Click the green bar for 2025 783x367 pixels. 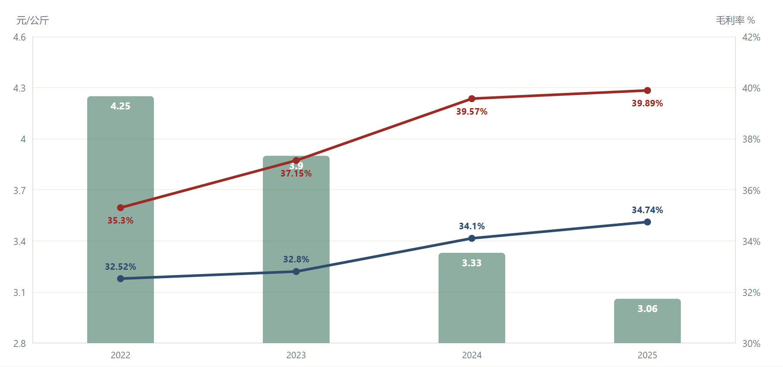pos(647,321)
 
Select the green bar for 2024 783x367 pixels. pos(472,298)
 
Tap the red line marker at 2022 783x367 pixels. pos(121,208)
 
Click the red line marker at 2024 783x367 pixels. pos(472,99)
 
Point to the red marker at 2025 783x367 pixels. pos(647,91)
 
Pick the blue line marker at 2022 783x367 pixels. pos(121,279)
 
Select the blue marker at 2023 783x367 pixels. pos(296,272)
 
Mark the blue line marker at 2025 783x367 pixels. pos(647,222)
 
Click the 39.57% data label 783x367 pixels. pos(472,112)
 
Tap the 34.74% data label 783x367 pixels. pos(647,210)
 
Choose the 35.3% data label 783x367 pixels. pos(121,221)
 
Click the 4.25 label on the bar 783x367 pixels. pos(120,106)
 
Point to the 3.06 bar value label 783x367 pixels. pos(647,309)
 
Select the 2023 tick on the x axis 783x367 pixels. pos(296,355)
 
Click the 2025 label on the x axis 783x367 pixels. pos(647,355)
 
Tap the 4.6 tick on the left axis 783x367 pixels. pos(20,37)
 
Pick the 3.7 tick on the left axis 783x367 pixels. pos(20,190)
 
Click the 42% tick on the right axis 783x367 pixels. pos(751,37)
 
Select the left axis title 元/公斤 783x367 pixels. pos(33,20)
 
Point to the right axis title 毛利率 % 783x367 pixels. pos(735,20)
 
